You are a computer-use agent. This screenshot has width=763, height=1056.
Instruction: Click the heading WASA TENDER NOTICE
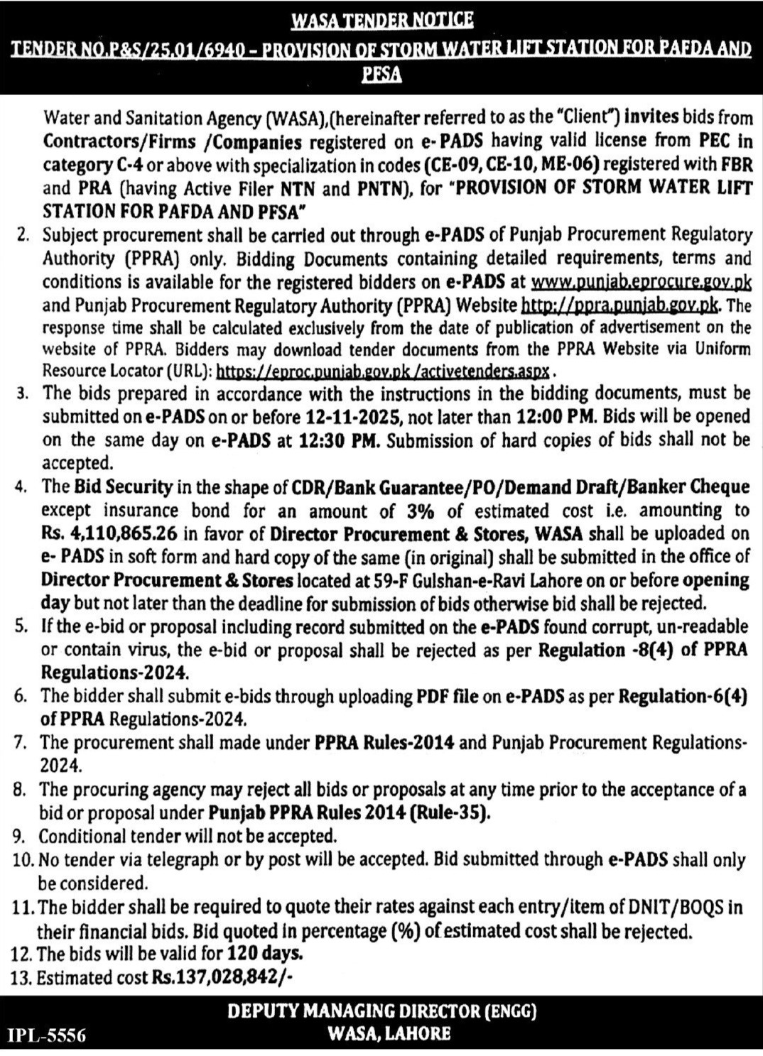click(x=381, y=21)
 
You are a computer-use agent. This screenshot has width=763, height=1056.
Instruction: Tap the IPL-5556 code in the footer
click(x=47, y=1035)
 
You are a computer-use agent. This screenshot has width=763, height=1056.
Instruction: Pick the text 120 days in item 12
click(x=265, y=954)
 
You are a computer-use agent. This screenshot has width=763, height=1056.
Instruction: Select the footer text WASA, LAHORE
click(x=389, y=1033)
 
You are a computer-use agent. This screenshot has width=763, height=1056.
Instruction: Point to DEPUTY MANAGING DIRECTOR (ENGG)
click(x=381, y=1011)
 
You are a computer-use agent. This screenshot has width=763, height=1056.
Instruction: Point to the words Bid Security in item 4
click(x=123, y=487)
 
